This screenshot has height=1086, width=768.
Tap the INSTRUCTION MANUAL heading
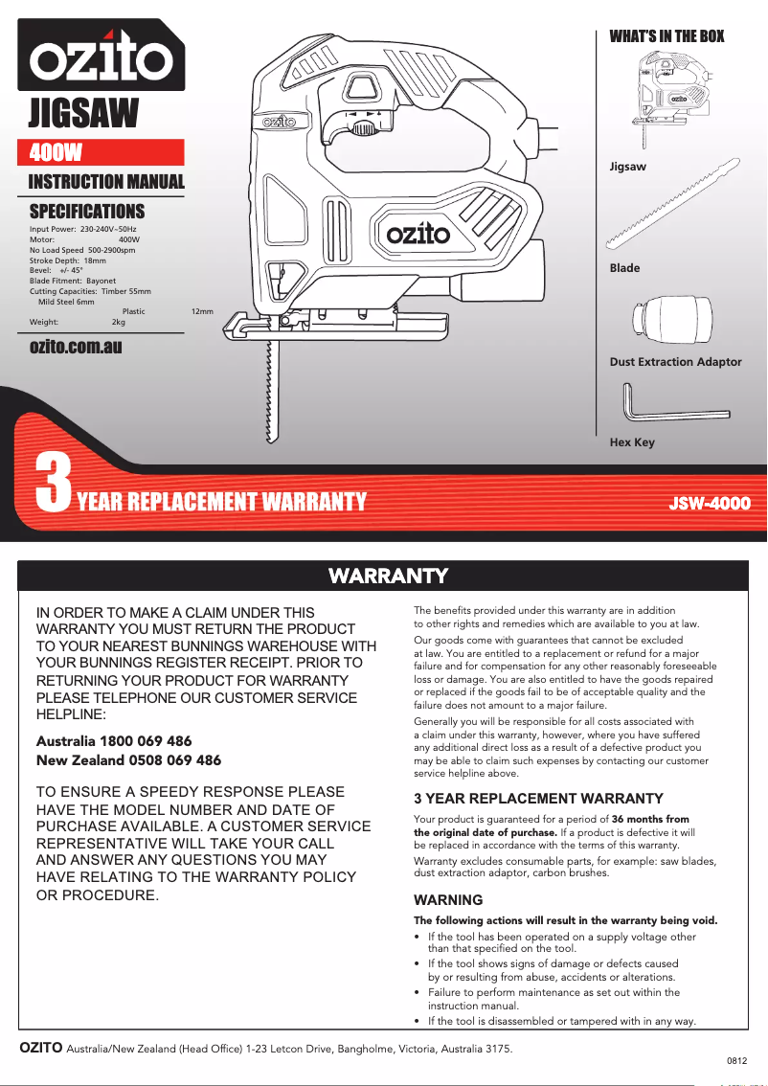(106, 182)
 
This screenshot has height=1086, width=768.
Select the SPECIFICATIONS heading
(87, 211)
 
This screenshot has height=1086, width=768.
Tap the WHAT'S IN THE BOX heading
(666, 36)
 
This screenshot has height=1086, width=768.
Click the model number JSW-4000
(709, 503)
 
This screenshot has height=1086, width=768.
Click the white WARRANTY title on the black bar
(388, 576)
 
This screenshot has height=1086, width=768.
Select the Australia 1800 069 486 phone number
(113, 741)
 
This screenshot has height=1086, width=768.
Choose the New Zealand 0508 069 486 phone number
(127, 760)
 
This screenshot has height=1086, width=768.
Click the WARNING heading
(447, 900)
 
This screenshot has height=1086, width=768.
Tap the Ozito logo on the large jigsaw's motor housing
(418, 234)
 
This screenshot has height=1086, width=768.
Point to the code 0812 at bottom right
(736, 1060)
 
